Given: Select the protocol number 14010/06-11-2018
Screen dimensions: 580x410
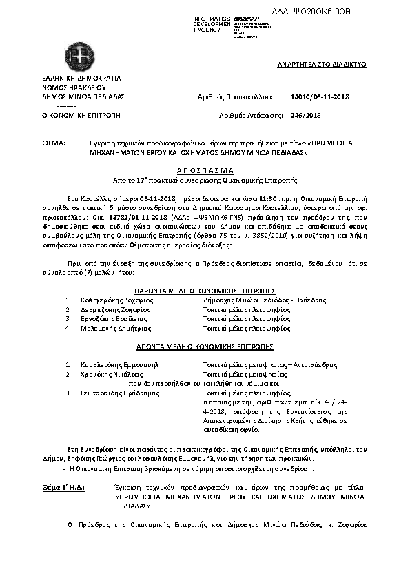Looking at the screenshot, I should coord(320,98).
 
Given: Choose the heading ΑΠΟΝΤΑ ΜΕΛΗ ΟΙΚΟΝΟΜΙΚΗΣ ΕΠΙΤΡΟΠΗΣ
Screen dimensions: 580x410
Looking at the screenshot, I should coord(205,346).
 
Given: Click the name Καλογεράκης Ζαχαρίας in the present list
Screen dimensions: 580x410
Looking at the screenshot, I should coord(115,301).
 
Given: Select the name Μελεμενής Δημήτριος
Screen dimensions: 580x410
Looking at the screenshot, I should coord(114,329).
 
